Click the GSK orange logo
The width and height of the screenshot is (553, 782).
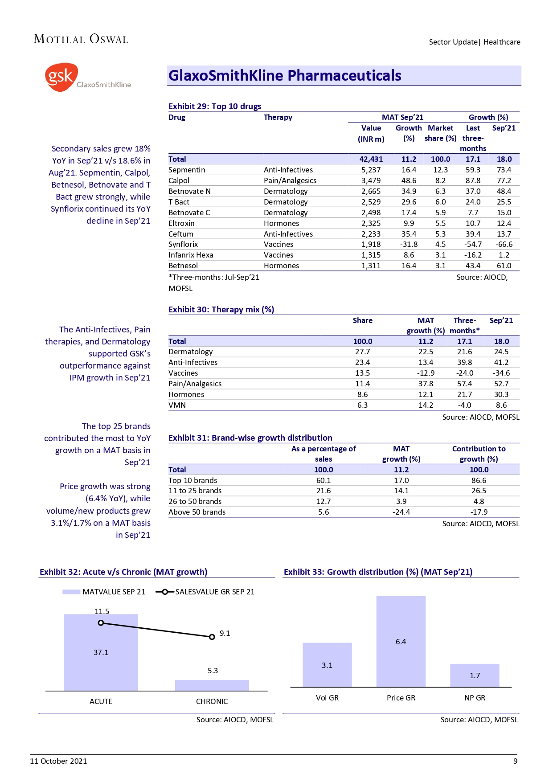click(61, 77)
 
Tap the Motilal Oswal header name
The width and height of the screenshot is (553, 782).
click(81, 39)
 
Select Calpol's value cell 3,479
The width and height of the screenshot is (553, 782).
click(371, 180)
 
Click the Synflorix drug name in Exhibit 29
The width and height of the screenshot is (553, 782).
click(183, 244)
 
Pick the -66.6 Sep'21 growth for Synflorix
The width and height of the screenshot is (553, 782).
click(504, 244)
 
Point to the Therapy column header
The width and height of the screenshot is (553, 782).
click(278, 117)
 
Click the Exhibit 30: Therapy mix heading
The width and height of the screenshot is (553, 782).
click(221, 309)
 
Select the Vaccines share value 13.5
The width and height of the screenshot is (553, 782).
click(362, 373)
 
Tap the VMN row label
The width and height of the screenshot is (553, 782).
click(177, 405)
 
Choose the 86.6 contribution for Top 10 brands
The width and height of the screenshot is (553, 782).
click(479, 480)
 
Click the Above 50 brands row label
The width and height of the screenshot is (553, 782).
click(197, 512)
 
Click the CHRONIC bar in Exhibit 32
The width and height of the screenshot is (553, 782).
click(212, 685)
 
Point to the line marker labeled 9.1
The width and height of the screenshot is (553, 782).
click(212, 637)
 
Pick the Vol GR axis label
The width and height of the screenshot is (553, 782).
click(327, 698)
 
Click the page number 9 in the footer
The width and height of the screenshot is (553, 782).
click(515, 761)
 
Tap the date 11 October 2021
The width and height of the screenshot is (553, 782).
click(58, 761)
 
